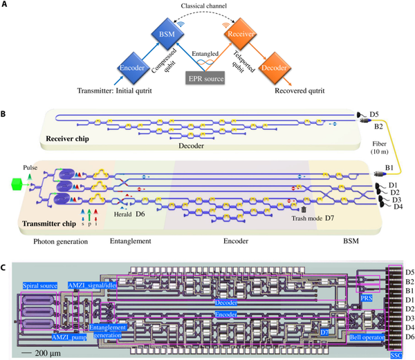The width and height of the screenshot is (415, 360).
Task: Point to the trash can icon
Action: point(303,209)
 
